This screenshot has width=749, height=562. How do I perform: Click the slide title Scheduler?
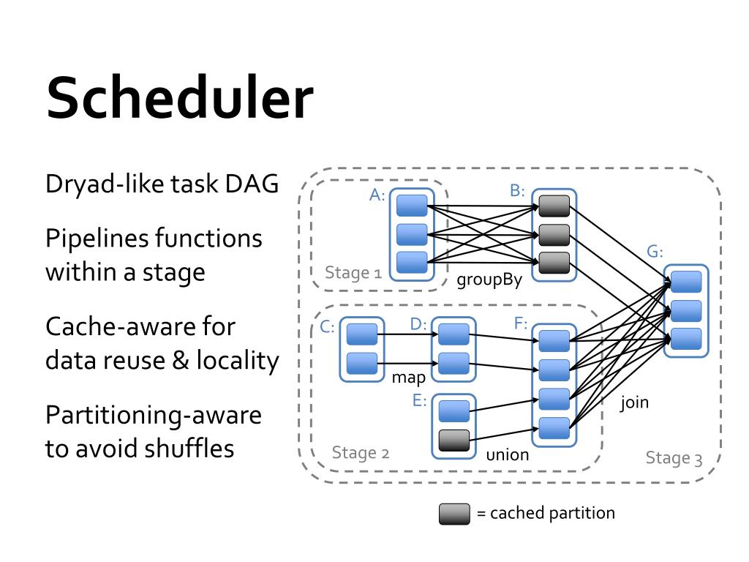[x=180, y=98]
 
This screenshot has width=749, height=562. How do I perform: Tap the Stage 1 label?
[x=353, y=273]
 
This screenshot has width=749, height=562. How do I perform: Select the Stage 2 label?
[x=361, y=452]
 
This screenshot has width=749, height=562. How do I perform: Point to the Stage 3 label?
[x=674, y=458]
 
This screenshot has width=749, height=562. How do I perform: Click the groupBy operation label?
[x=489, y=280]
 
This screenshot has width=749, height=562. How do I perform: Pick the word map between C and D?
[x=408, y=378]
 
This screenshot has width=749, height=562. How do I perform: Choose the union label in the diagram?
[x=508, y=454]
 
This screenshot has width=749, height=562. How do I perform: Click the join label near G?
[x=634, y=402]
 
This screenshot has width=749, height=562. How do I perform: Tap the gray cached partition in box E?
[x=453, y=441]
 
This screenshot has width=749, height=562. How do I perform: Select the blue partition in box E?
[x=453, y=411]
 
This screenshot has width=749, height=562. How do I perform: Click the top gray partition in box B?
[x=554, y=206]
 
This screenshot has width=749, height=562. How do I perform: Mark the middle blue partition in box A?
[x=412, y=235]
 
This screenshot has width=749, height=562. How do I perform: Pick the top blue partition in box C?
[x=362, y=334]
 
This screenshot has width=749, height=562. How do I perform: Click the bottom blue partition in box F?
[x=554, y=428]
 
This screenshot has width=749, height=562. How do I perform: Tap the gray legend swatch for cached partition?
[x=454, y=514]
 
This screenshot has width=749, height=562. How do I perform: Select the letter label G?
[x=655, y=252]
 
